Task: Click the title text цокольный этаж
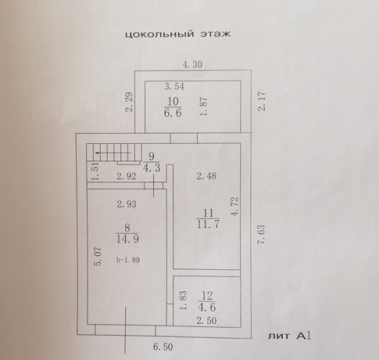pos(178,34)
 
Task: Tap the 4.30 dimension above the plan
pos(193,64)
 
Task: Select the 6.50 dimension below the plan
pos(163,347)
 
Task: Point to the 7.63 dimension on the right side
pos(262,235)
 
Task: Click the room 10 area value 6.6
pos(173,113)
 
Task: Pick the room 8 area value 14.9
pos(127,239)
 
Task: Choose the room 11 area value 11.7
pos(208,224)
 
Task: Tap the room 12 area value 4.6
pos(206,307)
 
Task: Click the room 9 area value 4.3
pos(152,168)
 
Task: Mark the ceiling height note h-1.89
pos(128,260)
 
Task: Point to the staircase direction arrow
pos(114,153)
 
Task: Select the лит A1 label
pos(289,336)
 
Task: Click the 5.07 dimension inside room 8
pos(99,256)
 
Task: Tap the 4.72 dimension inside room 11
pos(234,207)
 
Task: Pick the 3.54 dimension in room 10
pos(174,86)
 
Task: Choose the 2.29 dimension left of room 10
pos(129,102)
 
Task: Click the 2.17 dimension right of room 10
pos(262,101)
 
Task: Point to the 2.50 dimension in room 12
pos(206,320)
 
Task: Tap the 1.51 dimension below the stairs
pos(96,171)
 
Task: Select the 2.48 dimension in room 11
pos(206,176)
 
